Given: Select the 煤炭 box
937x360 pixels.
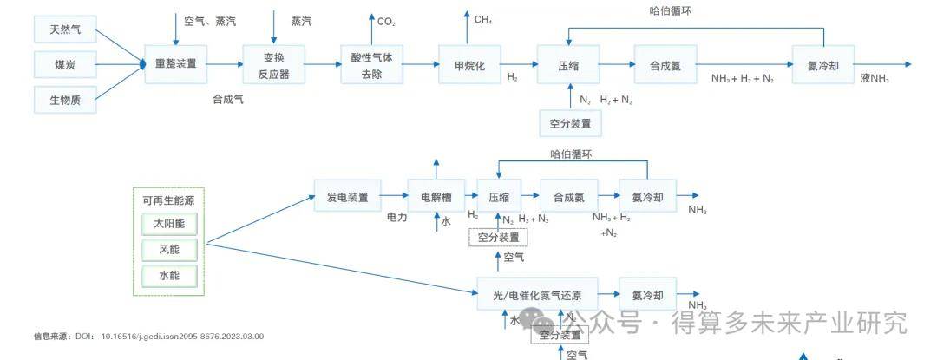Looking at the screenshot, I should pos(64,64).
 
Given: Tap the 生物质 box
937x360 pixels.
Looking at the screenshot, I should pos(64,99).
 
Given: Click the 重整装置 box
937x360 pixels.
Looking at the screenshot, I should pos(176,63).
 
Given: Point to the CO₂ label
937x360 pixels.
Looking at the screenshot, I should pos(386,21).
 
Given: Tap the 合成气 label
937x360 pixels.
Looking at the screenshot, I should pos(228,99).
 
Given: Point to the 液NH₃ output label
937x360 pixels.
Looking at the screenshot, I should pos(875,78).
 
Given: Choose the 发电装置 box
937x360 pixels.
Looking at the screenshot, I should pos(347,197).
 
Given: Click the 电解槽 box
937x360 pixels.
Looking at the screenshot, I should pos(436,197).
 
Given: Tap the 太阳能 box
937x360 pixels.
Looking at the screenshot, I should pos(169,224).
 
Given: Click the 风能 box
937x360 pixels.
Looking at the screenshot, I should pos(169,251).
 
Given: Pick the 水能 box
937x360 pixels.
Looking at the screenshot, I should pos(169,277).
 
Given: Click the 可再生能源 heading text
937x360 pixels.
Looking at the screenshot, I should pos(168,200).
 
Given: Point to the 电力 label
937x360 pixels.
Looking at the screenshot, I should pos(396,218).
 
